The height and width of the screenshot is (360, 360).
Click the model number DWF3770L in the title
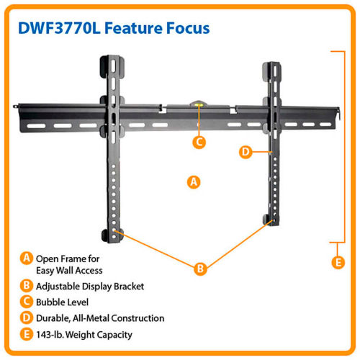point(59,28)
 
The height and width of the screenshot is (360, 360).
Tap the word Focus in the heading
point(188,28)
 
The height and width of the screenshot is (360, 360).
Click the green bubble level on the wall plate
point(199,104)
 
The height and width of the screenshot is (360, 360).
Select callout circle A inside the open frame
point(194,182)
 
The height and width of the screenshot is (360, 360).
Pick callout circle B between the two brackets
point(200,269)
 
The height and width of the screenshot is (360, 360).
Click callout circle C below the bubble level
point(199,142)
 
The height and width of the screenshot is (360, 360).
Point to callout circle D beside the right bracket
point(246,152)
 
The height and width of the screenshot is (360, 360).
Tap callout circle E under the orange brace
point(338,262)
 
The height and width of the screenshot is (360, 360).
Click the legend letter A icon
point(26,258)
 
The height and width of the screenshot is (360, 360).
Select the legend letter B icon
point(26,286)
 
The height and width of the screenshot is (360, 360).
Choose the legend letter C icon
point(26,302)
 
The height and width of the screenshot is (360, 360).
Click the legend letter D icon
point(26,318)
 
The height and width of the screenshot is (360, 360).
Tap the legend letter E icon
point(26,334)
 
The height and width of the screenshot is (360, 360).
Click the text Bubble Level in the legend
point(62,302)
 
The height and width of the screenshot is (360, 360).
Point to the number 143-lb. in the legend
point(50,335)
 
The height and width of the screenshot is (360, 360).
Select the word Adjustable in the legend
point(58,287)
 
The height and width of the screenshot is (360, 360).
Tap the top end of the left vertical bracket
point(112,56)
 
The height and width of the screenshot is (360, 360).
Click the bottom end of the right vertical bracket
point(273,225)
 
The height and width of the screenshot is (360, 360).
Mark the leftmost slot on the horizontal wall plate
point(37,126)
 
